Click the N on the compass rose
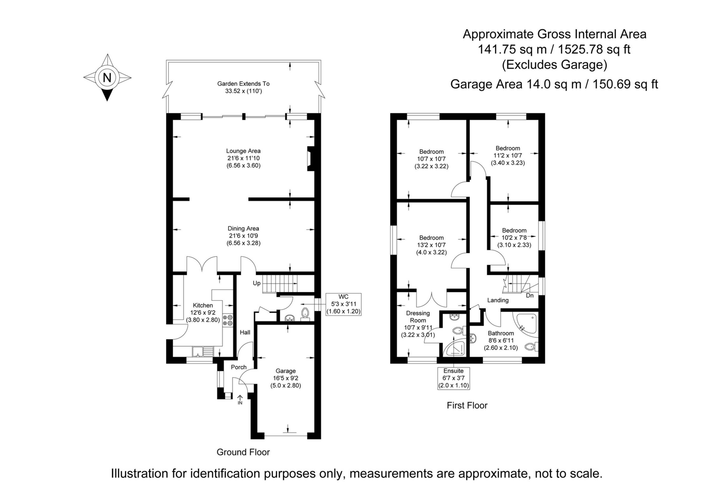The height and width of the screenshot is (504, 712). click(107, 78)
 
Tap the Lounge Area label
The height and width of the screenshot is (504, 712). click(243, 151)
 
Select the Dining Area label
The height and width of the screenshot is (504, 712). click(243, 229)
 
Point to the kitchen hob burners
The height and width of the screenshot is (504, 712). click(227, 320)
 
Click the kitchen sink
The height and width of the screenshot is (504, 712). click(203, 351)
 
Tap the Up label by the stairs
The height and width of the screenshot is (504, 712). click(257, 283)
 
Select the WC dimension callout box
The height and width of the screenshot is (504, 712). click(343, 304)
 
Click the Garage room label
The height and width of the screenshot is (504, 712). click(286, 371)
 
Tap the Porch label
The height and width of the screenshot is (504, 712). click(239, 367)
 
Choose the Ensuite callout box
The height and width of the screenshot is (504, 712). click(454, 378)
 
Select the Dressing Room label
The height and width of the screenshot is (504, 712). click(418, 317)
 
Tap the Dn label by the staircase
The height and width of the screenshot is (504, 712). click(530, 295)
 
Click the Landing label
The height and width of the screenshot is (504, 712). click(498, 300)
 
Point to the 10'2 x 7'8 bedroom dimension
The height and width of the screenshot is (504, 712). click(514, 238)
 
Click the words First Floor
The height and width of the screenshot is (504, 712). click(467, 405)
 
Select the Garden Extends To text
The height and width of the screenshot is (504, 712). click(243, 84)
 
